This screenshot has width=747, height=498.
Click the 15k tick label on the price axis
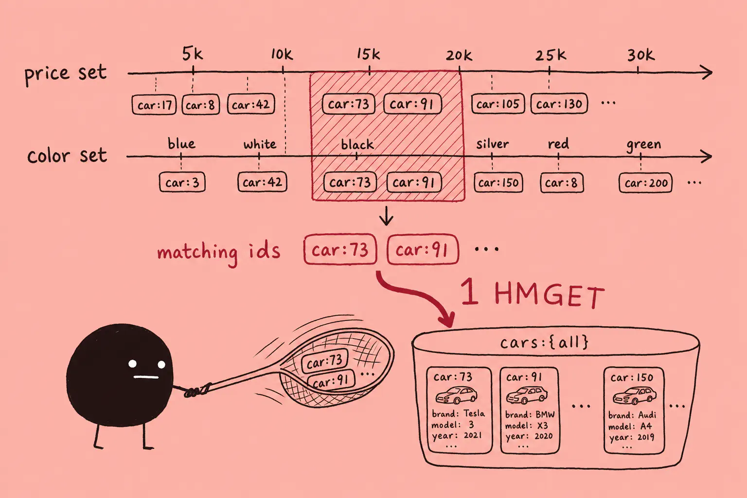(368, 53)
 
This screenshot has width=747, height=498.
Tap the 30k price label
(641, 55)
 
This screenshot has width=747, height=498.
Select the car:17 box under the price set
(154, 105)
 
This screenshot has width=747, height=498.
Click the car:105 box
(498, 104)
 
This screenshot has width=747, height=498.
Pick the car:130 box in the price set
(559, 104)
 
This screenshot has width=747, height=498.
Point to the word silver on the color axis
(493, 144)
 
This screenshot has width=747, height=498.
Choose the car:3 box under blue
(182, 182)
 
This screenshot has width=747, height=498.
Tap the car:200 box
(646, 182)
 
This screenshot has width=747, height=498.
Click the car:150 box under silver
(498, 182)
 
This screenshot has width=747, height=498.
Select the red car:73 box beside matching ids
(340, 249)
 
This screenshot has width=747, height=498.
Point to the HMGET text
(549, 296)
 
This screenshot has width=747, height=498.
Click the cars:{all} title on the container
(544, 342)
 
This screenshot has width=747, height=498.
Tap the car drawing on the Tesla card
(457, 395)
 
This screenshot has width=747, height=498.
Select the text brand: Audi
(632, 415)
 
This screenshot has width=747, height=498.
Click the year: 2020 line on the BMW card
(529, 436)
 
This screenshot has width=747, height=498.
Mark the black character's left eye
(132, 364)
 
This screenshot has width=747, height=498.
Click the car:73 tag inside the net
(324, 361)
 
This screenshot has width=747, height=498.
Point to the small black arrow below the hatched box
(386, 216)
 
